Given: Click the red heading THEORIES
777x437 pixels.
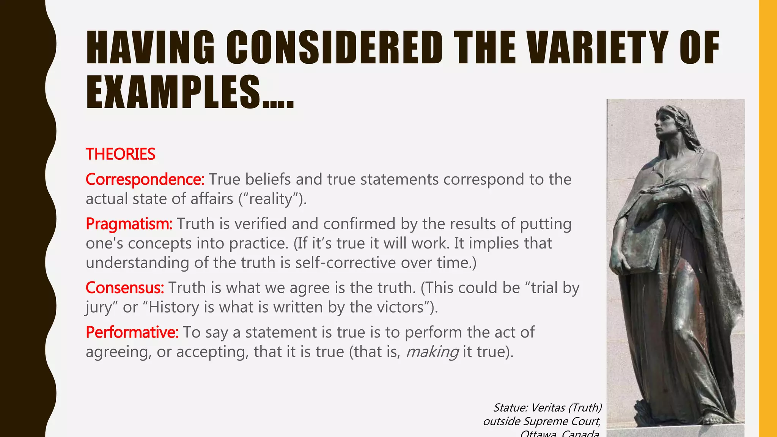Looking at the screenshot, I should click(120, 154).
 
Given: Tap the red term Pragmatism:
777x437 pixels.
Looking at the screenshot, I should click(129, 224).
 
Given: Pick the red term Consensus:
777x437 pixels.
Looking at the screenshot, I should click(125, 288).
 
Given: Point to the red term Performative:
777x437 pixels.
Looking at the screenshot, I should click(132, 332).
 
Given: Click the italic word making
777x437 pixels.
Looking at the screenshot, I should click(432, 352).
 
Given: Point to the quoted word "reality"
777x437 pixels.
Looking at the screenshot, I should click(271, 199).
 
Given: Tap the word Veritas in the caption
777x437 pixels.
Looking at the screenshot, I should click(548, 407).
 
